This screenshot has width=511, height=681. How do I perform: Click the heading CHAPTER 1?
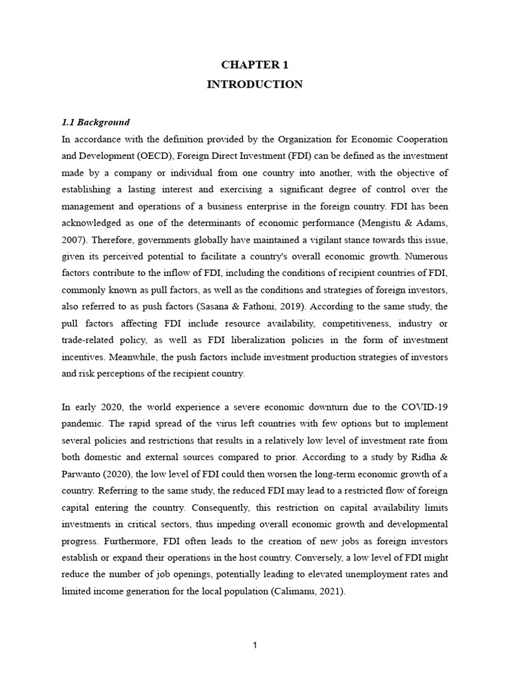click(x=255, y=65)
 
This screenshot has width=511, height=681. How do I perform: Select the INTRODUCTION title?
click(x=255, y=84)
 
